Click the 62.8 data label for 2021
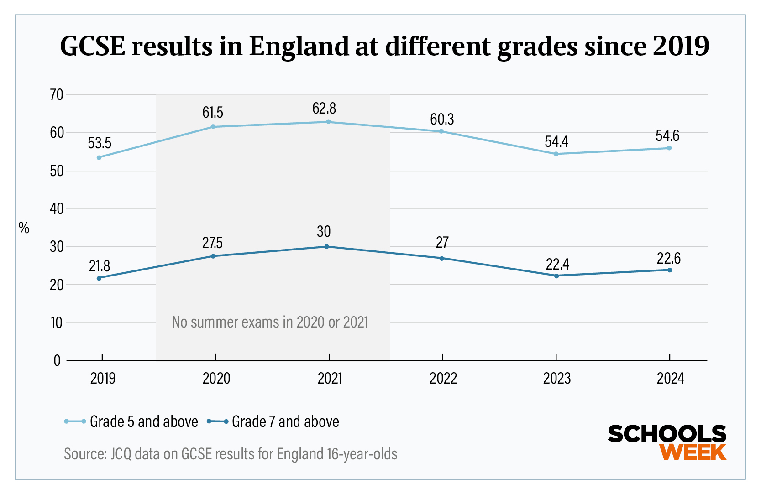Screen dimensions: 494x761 324,109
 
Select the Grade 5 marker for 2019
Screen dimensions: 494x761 99,157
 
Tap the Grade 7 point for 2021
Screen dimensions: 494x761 326,247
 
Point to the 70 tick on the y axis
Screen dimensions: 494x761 57,95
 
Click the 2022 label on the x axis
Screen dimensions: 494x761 443,378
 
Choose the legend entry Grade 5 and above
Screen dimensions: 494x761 143,421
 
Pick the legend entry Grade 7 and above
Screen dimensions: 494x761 285,421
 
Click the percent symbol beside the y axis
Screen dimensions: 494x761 24,228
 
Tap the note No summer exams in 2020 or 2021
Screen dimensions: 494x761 270,322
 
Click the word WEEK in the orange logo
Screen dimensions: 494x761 693,452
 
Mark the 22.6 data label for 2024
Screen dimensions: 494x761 668,259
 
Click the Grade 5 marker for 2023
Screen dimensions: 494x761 556,154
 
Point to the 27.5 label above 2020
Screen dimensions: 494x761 213,243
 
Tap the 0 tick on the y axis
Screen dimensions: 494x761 57,361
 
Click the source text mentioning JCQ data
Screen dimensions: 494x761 231,454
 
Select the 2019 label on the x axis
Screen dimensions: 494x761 103,378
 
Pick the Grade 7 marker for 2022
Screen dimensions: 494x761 441,259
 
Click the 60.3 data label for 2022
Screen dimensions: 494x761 442,120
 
